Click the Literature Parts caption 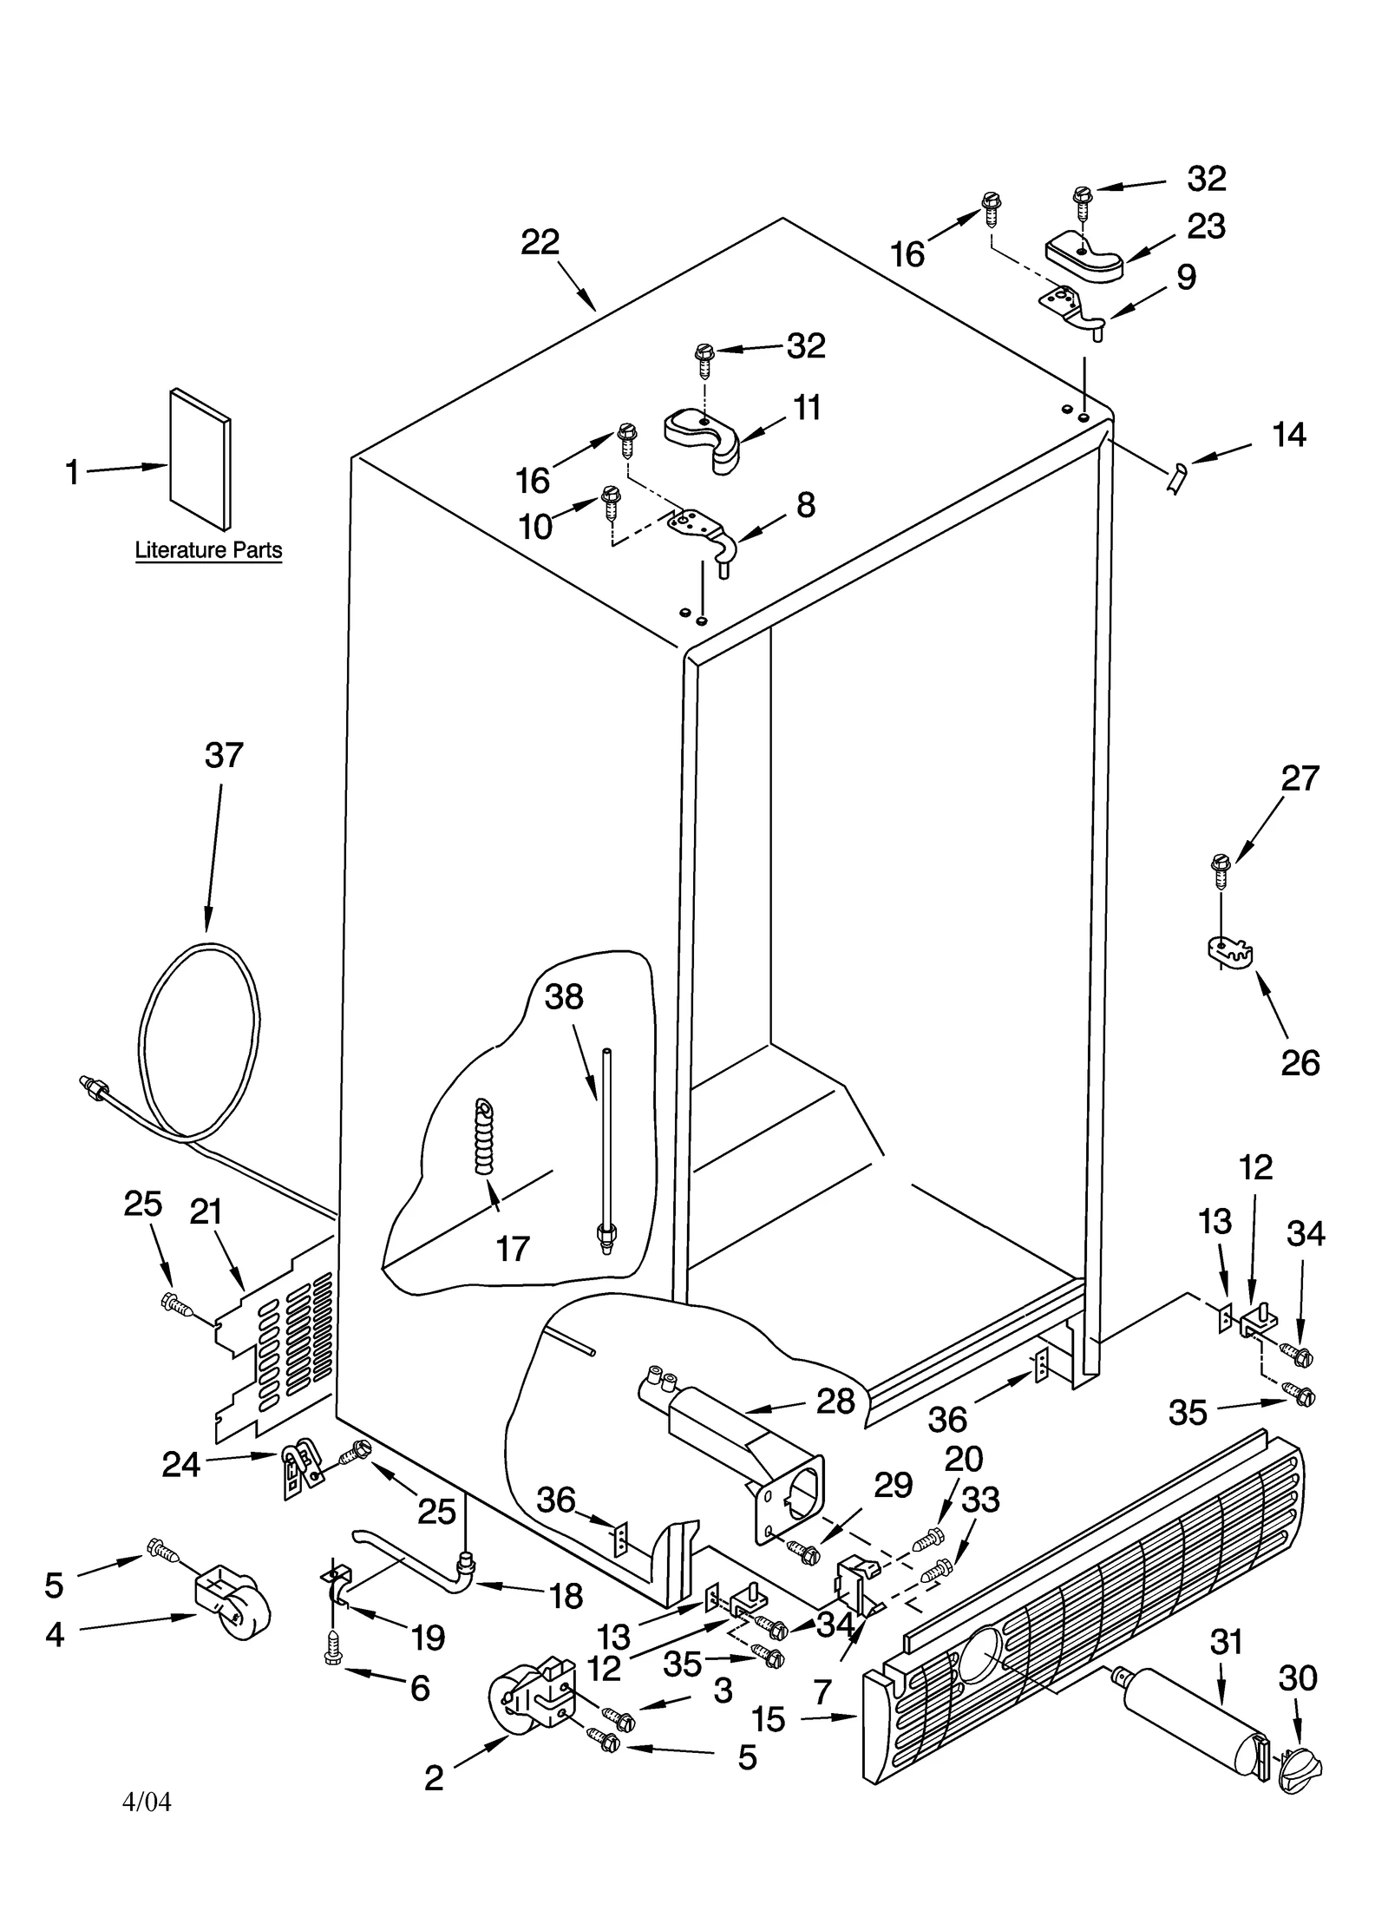pyautogui.click(x=208, y=550)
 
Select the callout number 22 pyautogui.click(x=540, y=242)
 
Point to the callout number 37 pyautogui.click(x=224, y=755)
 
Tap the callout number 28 pyautogui.click(x=835, y=1401)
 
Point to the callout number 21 pyautogui.click(x=206, y=1212)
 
